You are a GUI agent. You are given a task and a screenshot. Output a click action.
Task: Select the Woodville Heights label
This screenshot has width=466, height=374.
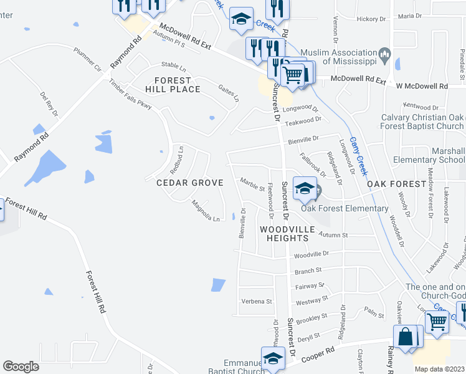point(287,234)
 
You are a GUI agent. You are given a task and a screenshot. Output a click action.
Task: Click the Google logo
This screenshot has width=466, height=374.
point(20,367)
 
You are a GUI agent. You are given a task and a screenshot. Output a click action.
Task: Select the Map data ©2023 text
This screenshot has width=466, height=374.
point(439,369)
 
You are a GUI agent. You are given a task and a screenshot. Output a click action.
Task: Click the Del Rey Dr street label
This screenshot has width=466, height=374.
point(48,102)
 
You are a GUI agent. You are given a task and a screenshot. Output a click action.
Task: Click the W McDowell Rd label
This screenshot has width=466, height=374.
point(426,86)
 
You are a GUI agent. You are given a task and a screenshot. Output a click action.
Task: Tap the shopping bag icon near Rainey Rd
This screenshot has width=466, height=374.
point(406,338)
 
